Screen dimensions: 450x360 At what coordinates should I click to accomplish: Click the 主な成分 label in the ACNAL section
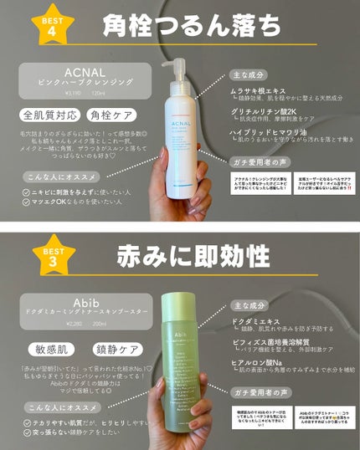point(250,74)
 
